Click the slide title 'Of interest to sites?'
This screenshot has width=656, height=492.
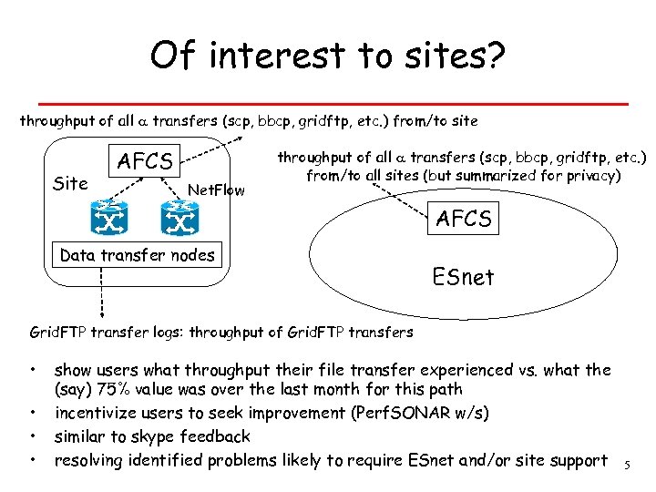[x=328, y=56]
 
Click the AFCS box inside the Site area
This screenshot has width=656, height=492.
[x=146, y=162]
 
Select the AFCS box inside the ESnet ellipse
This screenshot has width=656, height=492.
[x=464, y=219]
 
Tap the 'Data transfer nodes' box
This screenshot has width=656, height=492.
[x=137, y=255]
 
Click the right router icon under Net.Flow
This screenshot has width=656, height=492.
[x=179, y=218]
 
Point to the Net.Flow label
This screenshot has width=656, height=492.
[x=215, y=190]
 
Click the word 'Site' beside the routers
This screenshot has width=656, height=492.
[x=70, y=183]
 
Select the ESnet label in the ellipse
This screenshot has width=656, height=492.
[x=464, y=276]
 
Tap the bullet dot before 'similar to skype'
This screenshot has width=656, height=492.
[x=33, y=436]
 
